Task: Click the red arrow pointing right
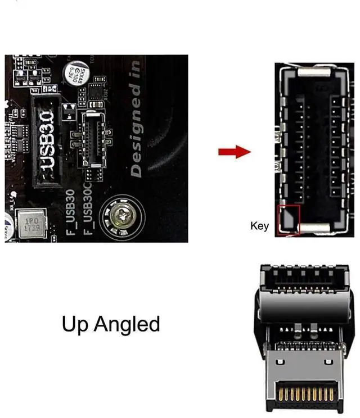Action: coord(234,151)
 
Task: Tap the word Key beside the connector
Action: coord(259,226)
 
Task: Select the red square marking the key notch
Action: coord(289,220)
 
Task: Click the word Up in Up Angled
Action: coord(75,324)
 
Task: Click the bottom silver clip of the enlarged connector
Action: coord(314,228)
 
